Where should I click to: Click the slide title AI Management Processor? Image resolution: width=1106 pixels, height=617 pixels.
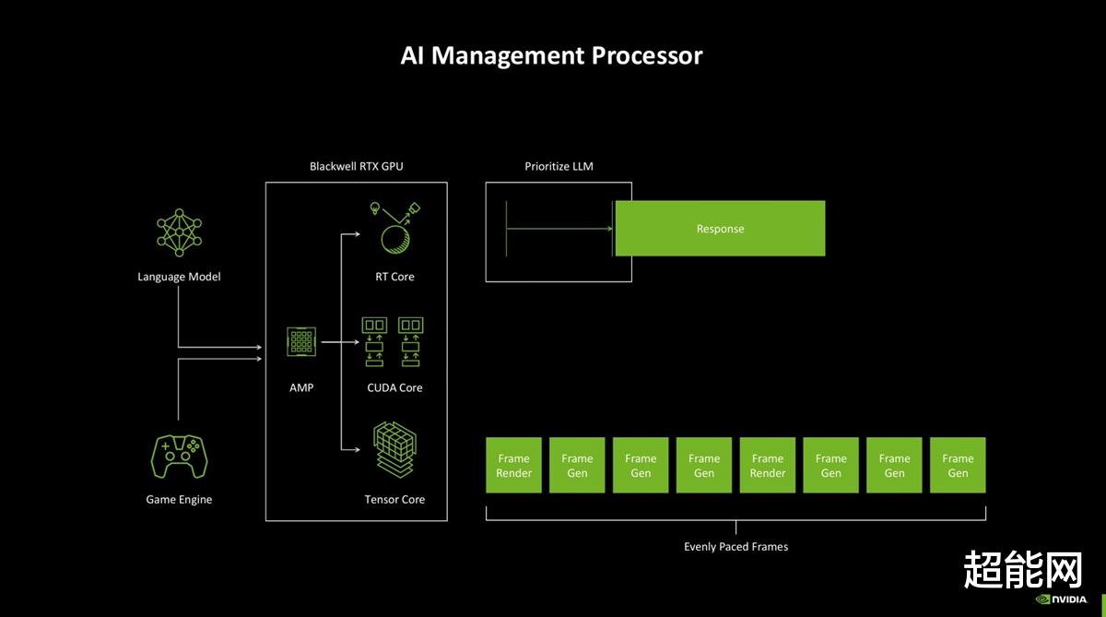[551, 55]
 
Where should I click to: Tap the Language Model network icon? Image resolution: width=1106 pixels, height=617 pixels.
[179, 232]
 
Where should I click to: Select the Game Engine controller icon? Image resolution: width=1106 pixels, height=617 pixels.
[179, 457]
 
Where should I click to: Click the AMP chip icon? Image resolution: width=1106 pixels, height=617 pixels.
[301, 341]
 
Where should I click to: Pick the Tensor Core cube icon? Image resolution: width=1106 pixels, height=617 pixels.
[394, 449]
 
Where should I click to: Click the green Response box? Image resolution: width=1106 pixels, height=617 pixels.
[720, 228]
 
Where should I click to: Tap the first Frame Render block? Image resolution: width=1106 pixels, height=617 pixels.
[513, 465]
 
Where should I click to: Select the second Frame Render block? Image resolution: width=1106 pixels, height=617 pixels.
[767, 465]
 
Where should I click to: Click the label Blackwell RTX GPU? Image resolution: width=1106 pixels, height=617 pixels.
[356, 167]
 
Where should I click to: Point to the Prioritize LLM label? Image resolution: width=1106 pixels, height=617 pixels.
[559, 167]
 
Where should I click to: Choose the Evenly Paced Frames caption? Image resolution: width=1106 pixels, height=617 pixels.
[735, 546]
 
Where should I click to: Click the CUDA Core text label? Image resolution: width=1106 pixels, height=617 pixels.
[394, 387]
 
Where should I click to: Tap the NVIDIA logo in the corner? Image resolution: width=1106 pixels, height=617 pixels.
[1062, 599]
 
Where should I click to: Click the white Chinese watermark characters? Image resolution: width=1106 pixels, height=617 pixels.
[1022, 570]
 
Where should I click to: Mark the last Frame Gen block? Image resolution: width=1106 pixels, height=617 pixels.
[958, 465]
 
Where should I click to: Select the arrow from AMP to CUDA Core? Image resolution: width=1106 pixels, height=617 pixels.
[340, 342]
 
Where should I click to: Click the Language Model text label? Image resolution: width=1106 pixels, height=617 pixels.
[179, 277]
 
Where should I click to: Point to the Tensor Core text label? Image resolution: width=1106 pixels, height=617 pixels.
[394, 500]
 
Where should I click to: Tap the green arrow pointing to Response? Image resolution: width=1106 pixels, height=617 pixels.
[559, 229]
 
